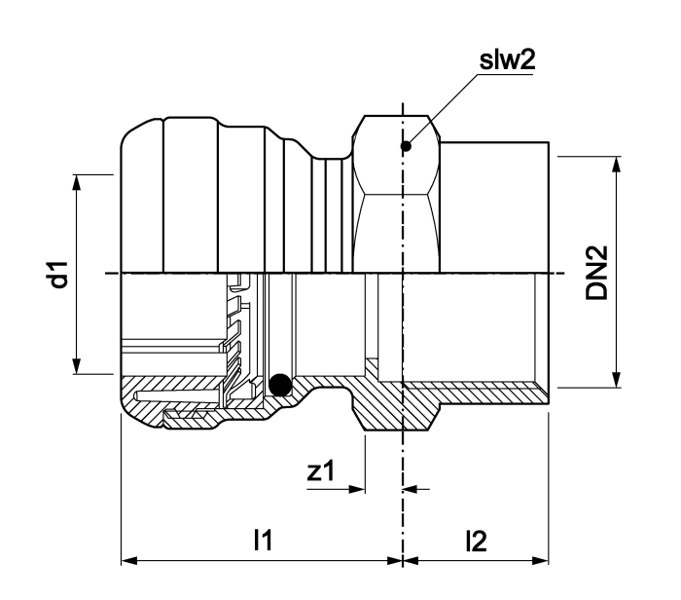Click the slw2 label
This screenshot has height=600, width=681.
pyautogui.click(x=507, y=60)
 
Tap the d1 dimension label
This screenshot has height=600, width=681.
pyautogui.click(x=58, y=275)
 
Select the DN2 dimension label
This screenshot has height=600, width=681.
pyautogui.click(x=596, y=273)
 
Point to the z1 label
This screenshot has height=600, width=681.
pyautogui.click(x=321, y=471)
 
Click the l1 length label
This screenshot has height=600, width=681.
pyautogui.click(x=264, y=541)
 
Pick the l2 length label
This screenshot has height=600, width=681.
pyautogui.click(x=477, y=542)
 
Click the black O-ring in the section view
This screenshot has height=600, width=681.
pyautogui.click(x=280, y=385)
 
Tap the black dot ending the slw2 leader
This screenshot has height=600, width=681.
pyautogui.click(x=406, y=146)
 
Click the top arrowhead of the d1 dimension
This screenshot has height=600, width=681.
pyautogui.click(x=77, y=182)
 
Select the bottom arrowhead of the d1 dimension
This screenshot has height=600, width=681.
pyautogui.click(x=77, y=366)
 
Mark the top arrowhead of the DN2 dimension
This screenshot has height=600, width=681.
pyautogui.click(x=616, y=165)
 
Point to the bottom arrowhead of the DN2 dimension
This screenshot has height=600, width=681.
pyautogui.click(x=616, y=379)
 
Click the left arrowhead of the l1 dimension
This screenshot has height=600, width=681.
pyautogui.click(x=129, y=560)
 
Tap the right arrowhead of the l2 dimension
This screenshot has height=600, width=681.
pyautogui.click(x=540, y=560)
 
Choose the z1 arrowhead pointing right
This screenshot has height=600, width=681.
pyautogui.click(x=357, y=489)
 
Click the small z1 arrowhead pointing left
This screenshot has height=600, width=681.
pyautogui.click(x=411, y=489)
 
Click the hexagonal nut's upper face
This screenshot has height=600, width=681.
pyautogui.click(x=396, y=154)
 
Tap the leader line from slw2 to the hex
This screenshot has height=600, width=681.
pyautogui.click(x=442, y=110)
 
